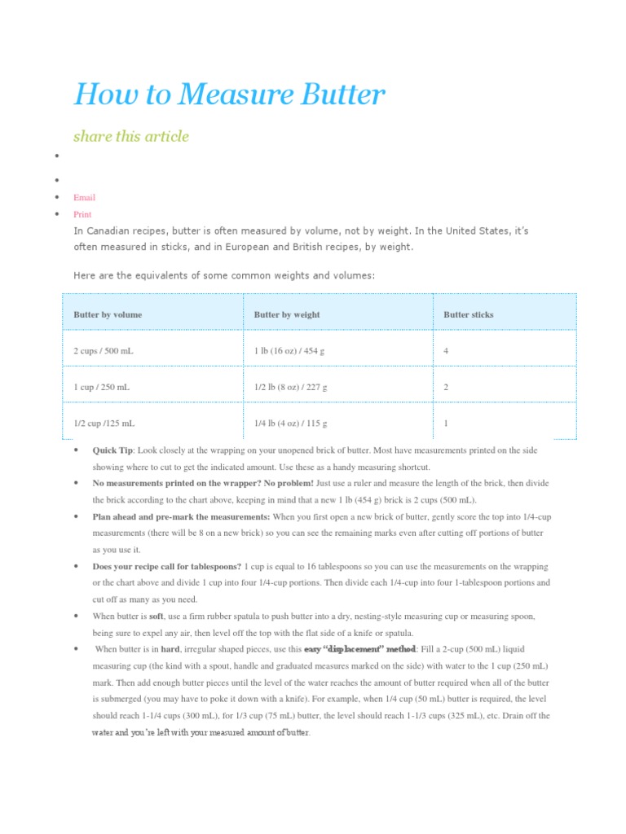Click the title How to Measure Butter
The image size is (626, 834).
point(228,95)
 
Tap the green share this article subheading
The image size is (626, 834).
point(130,136)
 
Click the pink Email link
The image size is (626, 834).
point(84,197)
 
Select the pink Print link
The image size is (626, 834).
point(82,214)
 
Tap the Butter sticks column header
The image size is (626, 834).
point(468,314)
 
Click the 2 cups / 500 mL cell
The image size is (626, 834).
point(102,351)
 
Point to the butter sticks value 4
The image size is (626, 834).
point(446,351)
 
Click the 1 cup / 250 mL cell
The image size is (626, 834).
point(101,388)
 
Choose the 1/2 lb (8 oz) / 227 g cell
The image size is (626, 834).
point(291,388)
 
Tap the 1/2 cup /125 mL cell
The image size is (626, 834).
point(104,424)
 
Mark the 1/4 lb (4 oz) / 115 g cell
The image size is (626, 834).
point(291,424)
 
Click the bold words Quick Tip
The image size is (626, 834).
point(112,450)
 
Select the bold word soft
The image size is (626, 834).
point(156,617)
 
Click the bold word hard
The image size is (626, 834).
point(170,649)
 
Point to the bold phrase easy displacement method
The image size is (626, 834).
point(359,649)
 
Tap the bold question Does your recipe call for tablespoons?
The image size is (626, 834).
point(166,566)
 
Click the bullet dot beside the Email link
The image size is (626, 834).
point(56,197)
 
